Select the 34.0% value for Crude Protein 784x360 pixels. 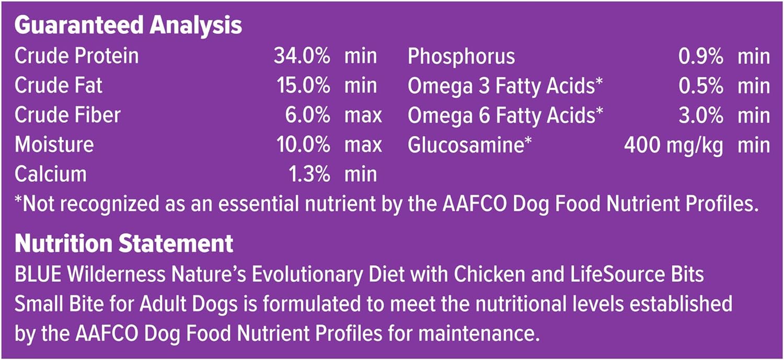[302, 56]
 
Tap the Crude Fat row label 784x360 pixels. [59, 85]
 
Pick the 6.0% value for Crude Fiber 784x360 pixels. [307, 115]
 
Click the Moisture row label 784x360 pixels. [54, 145]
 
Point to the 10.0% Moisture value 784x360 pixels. [303, 145]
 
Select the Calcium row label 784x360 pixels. [50, 174]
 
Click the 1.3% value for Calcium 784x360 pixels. [309, 174]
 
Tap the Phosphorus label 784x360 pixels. [462, 56]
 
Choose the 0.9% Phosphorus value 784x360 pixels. [701, 56]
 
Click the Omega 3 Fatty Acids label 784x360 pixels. [505, 86]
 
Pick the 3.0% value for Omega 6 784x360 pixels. [701, 115]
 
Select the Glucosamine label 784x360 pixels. [470, 145]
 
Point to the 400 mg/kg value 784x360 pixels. [673, 146]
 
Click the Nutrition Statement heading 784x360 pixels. [124, 243]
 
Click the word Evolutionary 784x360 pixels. [307, 275]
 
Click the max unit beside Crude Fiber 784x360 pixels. [363, 116]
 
